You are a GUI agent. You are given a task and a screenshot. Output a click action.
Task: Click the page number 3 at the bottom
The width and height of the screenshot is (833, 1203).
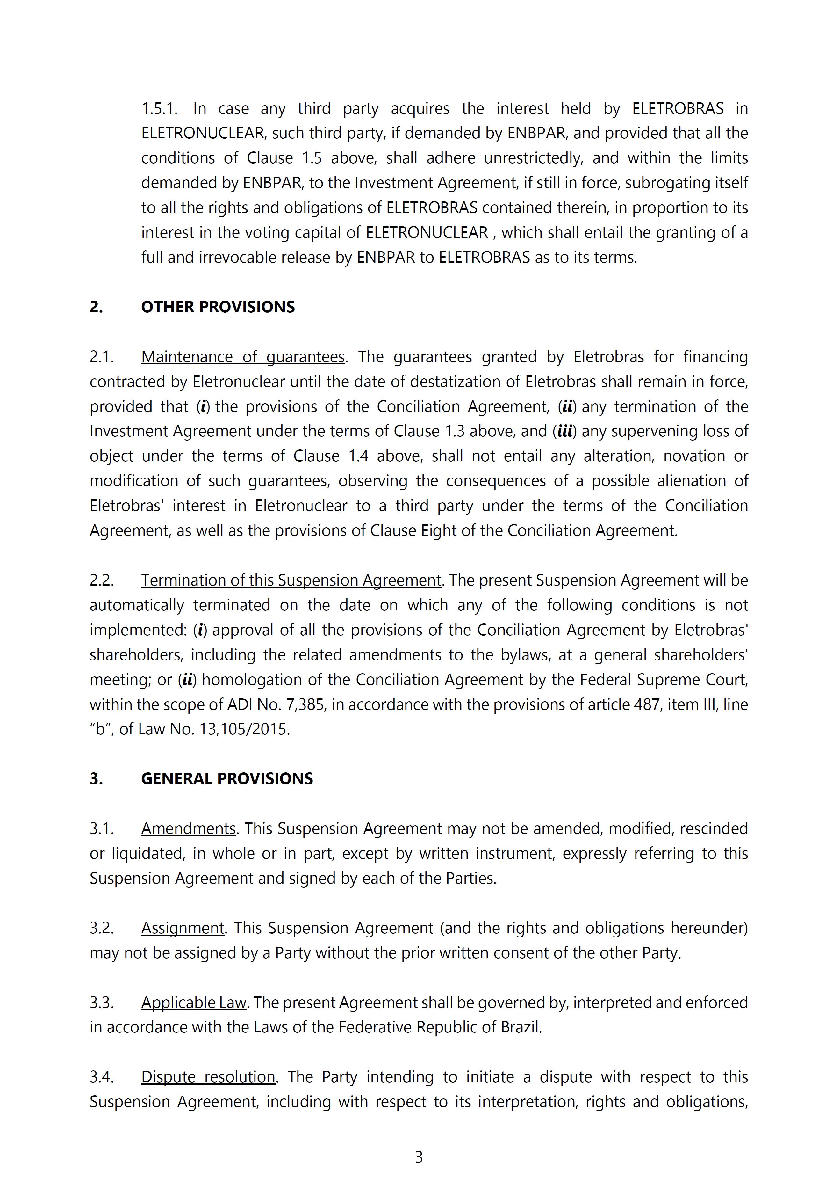(419, 1157)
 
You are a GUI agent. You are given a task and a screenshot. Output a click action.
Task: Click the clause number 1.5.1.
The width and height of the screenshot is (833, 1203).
(159, 109)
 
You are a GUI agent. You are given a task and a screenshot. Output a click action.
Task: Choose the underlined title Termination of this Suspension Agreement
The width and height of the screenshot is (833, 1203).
(291, 580)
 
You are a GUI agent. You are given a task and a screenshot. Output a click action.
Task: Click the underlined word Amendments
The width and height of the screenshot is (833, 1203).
(188, 829)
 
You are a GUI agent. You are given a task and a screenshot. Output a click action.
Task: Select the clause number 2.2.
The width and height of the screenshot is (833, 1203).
(101, 580)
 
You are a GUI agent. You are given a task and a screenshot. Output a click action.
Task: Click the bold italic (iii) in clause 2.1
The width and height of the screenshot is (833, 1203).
(565, 431)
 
